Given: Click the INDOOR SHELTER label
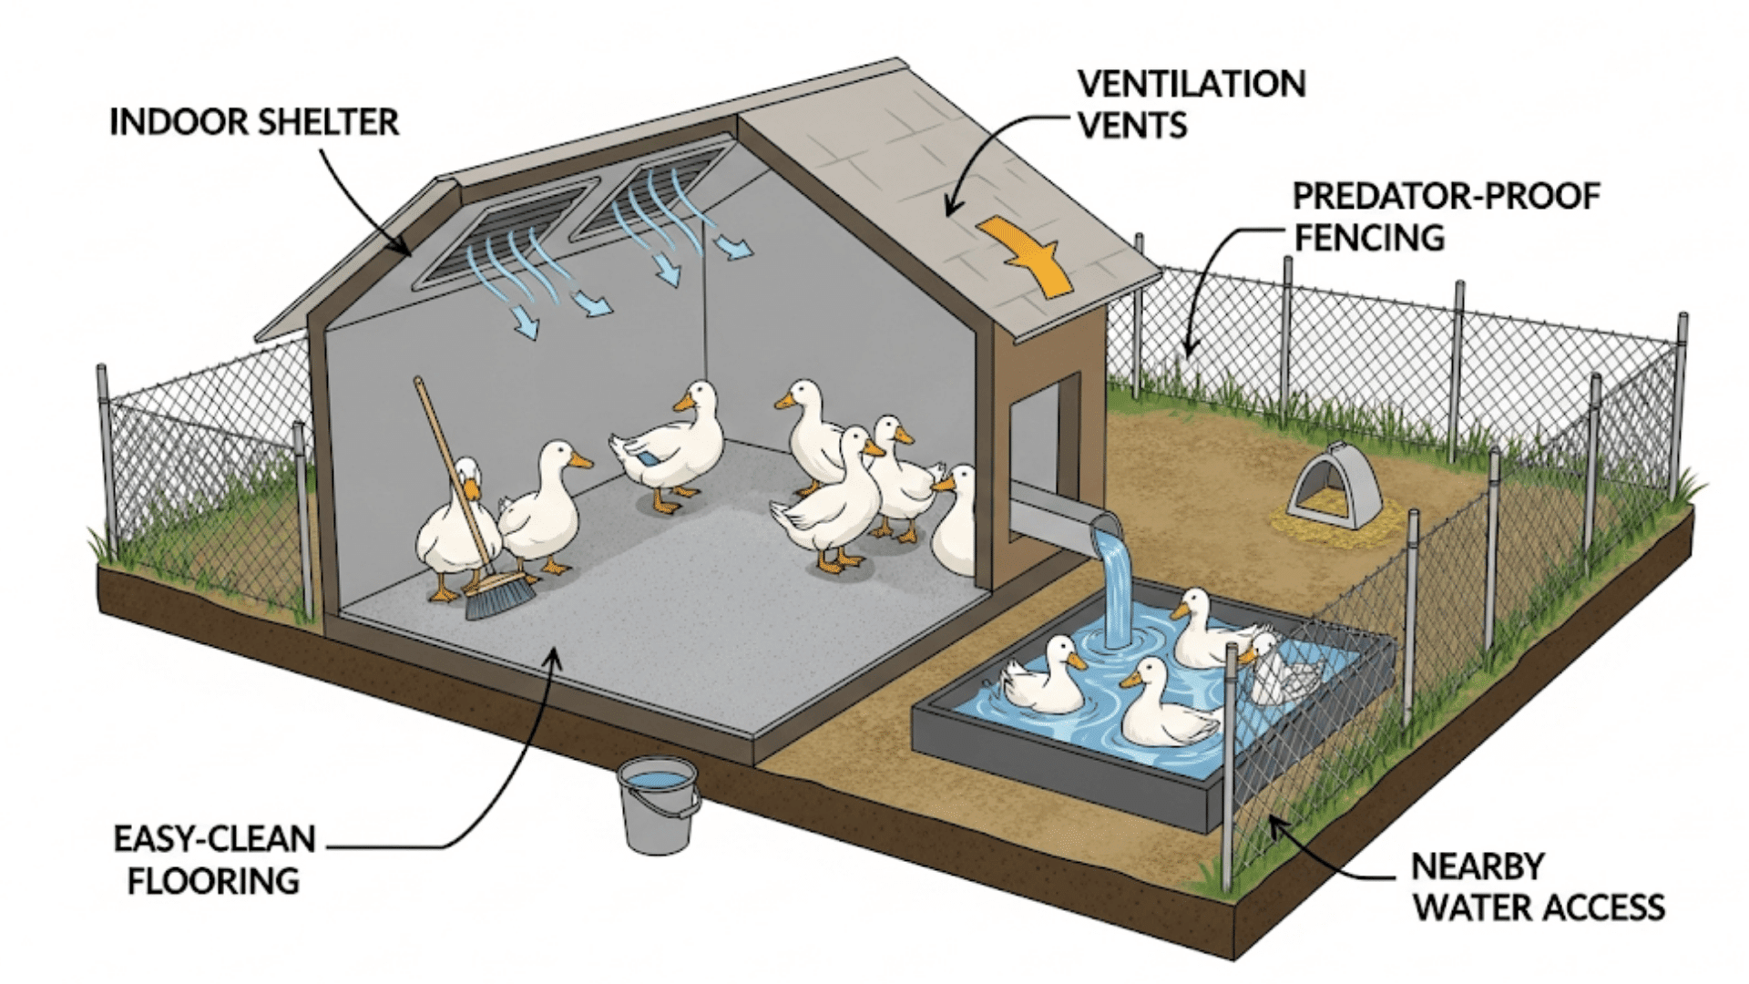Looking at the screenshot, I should [254, 122].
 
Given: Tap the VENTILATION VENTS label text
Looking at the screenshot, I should [1191, 104].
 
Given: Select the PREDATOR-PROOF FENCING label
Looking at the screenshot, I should [1446, 217].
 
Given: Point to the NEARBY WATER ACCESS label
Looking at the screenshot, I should [1539, 887].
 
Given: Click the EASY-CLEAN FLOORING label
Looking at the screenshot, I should [214, 859].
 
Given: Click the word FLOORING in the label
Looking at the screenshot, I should [214, 881].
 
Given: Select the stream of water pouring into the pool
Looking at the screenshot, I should [1113, 583].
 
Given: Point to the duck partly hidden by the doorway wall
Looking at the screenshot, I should [956, 524].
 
